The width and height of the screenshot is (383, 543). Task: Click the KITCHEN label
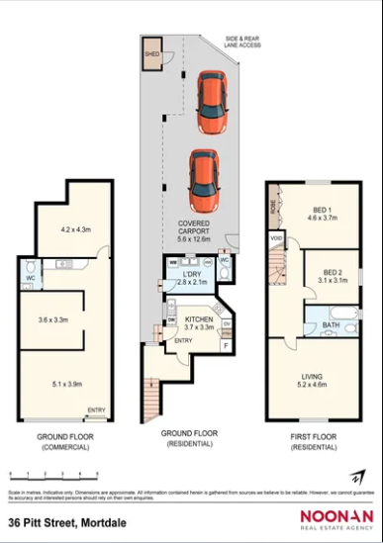199,321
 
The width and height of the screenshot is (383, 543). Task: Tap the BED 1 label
323,210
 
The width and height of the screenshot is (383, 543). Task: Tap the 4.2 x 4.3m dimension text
75,228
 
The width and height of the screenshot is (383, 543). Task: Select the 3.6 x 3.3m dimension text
52,319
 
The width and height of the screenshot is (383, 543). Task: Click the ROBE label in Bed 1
271,208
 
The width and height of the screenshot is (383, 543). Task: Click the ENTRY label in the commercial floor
97,409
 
